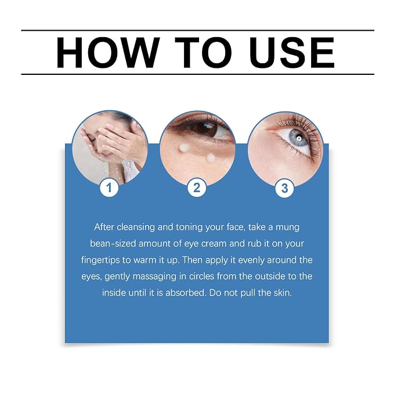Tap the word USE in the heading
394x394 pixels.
click(x=291, y=53)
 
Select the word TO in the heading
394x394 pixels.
click(x=203, y=53)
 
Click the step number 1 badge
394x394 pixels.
click(x=109, y=187)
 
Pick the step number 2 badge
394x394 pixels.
click(x=197, y=187)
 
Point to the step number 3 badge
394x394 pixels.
click(x=284, y=188)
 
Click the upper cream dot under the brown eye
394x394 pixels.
click(x=183, y=148)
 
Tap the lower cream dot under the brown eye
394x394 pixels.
click(x=210, y=158)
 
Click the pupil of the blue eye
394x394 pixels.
click(x=299, y=138)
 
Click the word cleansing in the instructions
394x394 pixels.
click(x=136, y=227)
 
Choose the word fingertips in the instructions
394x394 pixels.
click(x=100, y=260)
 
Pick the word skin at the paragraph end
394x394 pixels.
click(x=283, y=292)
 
